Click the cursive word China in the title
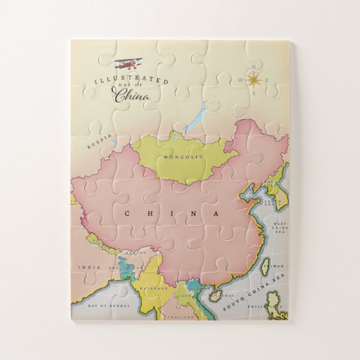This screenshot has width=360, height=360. [132, 96]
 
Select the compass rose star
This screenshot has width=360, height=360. [255, 80]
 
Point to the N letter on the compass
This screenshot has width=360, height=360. [255, 68]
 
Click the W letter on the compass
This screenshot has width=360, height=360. [240, 80]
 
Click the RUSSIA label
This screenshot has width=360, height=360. [100, 142]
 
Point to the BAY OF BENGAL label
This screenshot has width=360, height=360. [110, 306]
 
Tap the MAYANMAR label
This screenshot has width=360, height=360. [154, 288]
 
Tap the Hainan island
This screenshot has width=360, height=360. [216, 297]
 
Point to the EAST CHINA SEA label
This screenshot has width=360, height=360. [280, 228]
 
